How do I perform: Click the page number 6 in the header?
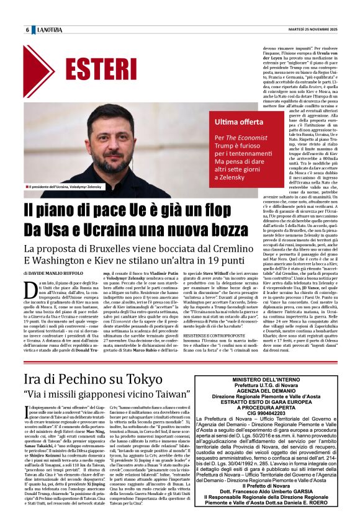[27, 30]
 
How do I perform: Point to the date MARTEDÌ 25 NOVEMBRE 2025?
[307, 30]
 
